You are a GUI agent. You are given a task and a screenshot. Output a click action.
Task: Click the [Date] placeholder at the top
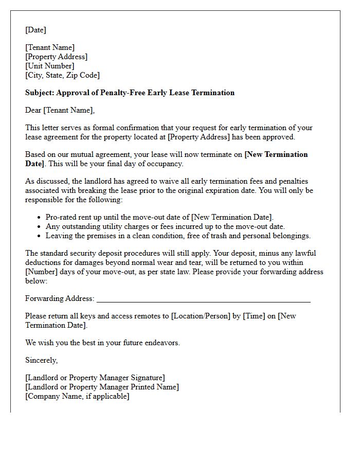pyautogui.click(x=35, y=30)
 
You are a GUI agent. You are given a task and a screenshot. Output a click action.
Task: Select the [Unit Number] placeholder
pyautogui.click(x=50, y=66)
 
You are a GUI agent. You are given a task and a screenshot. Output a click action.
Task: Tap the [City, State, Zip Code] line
pyautogui.click(x=62, y=75)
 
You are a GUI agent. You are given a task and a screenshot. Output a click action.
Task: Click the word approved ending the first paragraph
pyautogui.click(x=279, y=137)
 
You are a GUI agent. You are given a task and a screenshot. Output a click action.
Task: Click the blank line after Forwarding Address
pyautogui.click(x=203, y=299)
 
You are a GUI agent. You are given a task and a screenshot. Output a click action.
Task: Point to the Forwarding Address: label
pyautogui.click(x=60, y=298)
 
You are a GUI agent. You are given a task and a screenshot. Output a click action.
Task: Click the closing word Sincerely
pyautogui.click(x=42, y=360)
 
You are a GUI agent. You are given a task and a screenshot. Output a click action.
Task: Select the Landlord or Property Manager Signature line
pyautogui.click(x=95, y=378)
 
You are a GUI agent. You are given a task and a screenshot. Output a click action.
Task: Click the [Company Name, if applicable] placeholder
pyautogui.click(x=77, y=396)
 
